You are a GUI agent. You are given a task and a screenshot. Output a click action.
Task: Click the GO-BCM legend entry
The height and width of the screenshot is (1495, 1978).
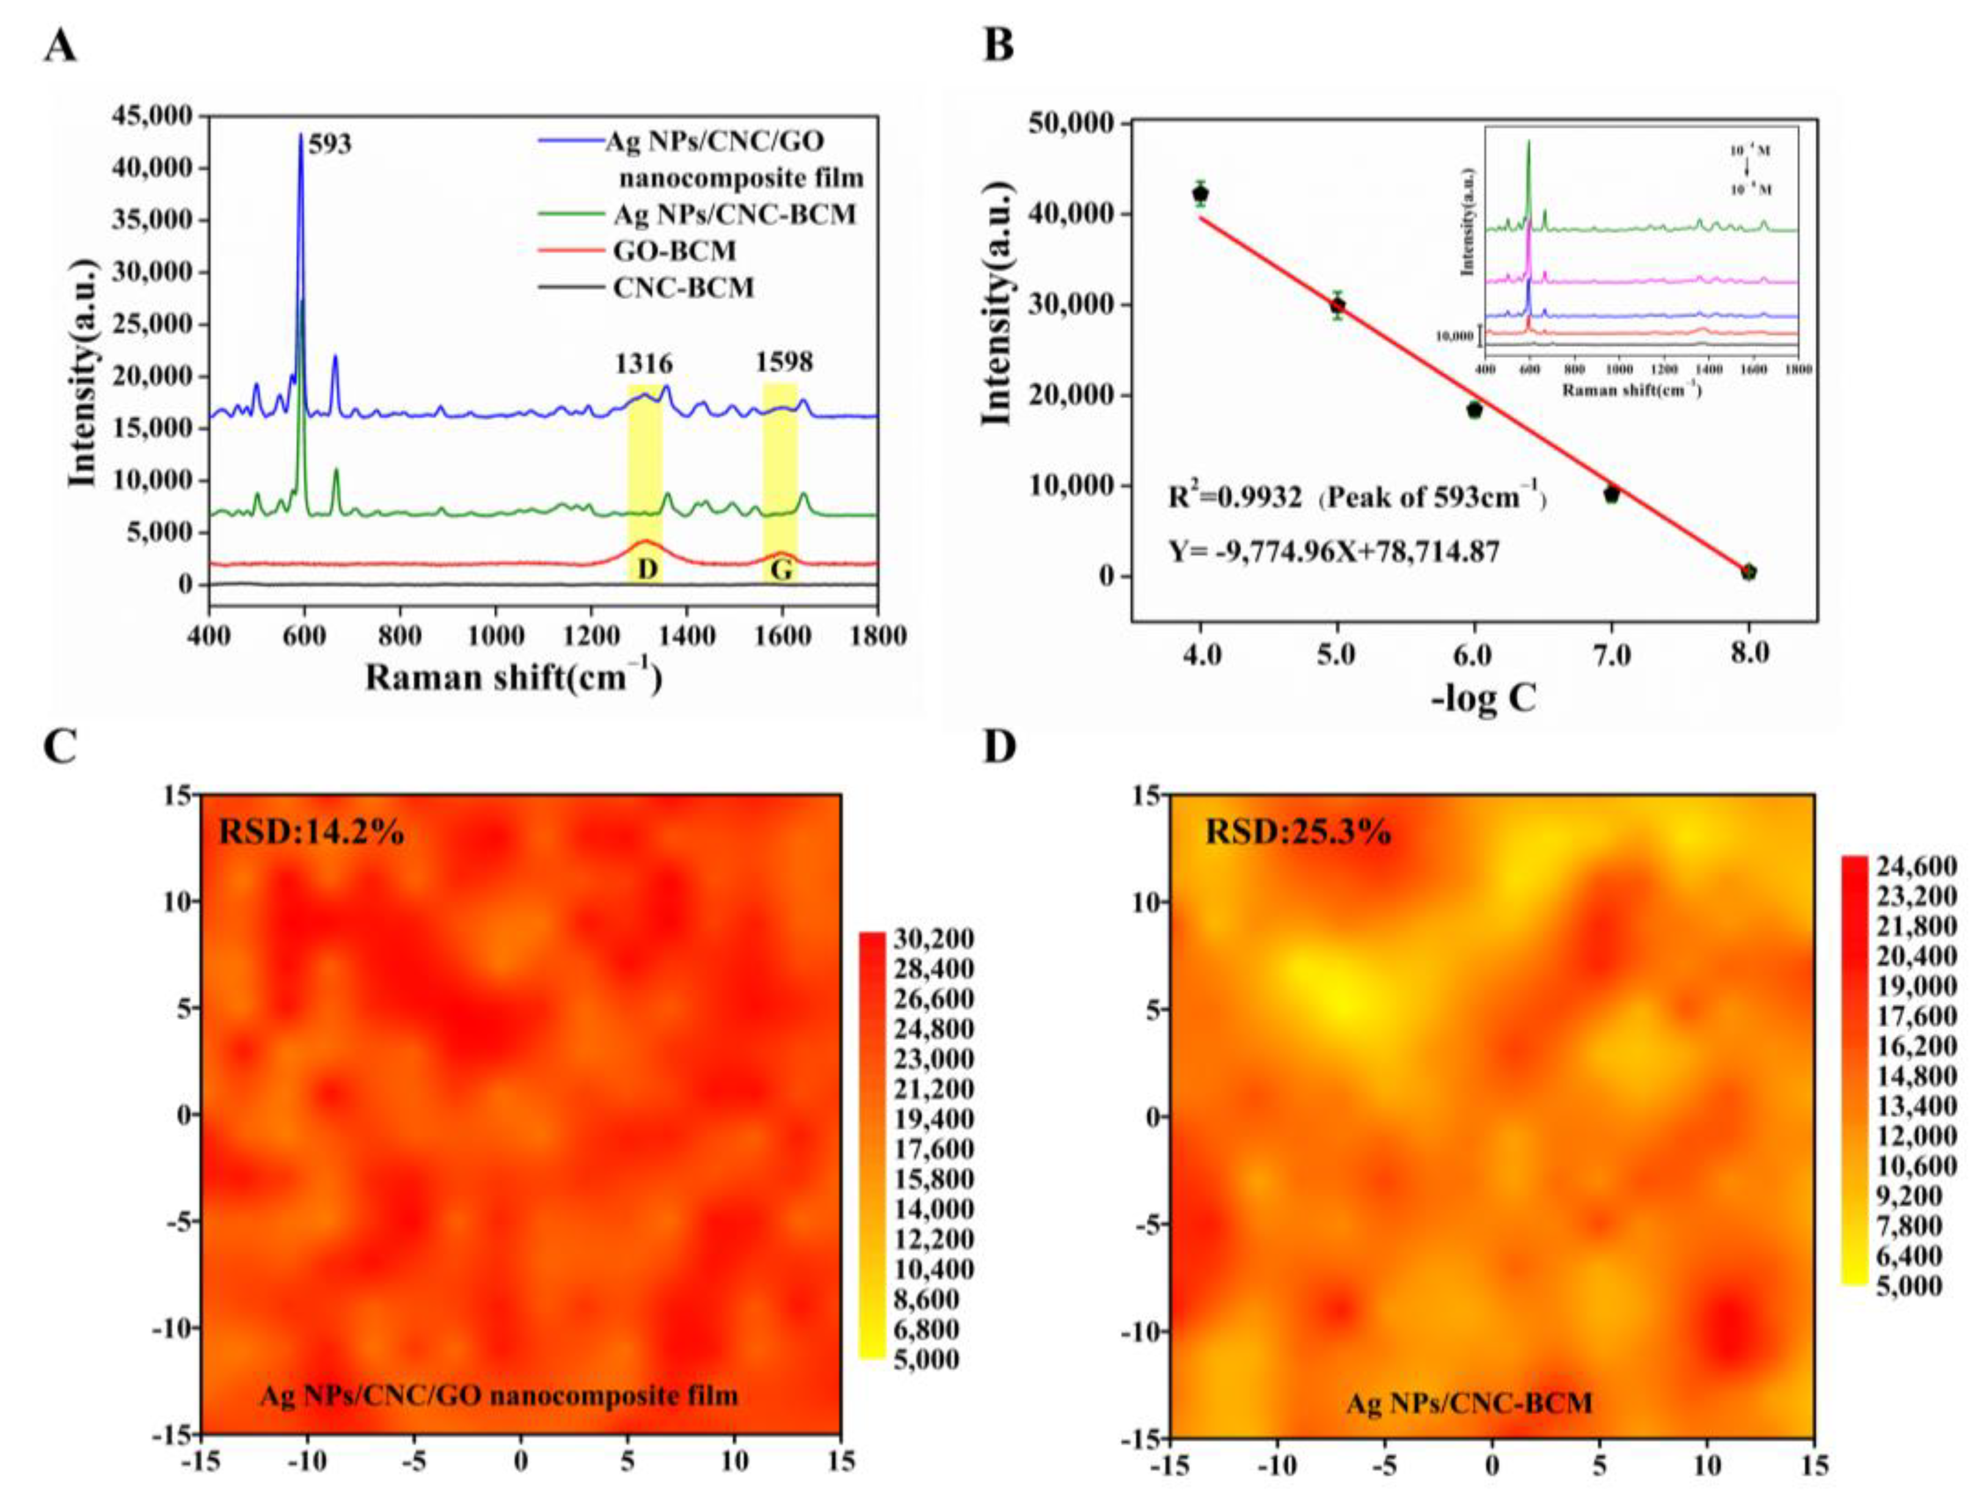pyautogui.click(x=674, y=251)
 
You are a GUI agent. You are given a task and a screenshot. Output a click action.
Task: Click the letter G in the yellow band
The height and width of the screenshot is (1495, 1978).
pyautogui.click(x=781, y=570)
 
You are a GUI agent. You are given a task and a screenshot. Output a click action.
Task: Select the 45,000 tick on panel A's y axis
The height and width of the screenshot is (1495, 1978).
pyautogui.click(x=153, y=116)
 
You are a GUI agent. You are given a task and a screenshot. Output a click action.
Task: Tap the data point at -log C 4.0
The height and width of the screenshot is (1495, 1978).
pyautogui.click(x=1201, y=194)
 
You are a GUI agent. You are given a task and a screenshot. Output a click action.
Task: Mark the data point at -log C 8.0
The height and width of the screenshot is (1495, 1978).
pyautogui.click(x=1749, y=572)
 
